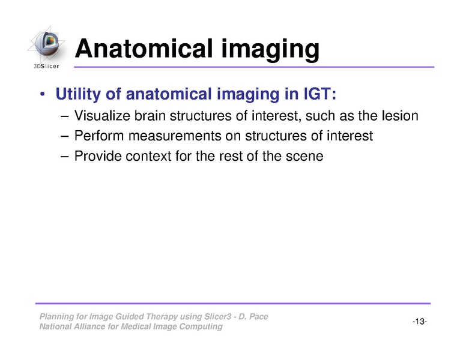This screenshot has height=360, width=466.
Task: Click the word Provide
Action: coord(95,157)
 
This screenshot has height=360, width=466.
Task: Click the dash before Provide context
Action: coord(65,157)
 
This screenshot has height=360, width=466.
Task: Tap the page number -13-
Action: coord(419,322)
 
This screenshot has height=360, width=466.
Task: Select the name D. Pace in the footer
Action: coord(255,317)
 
